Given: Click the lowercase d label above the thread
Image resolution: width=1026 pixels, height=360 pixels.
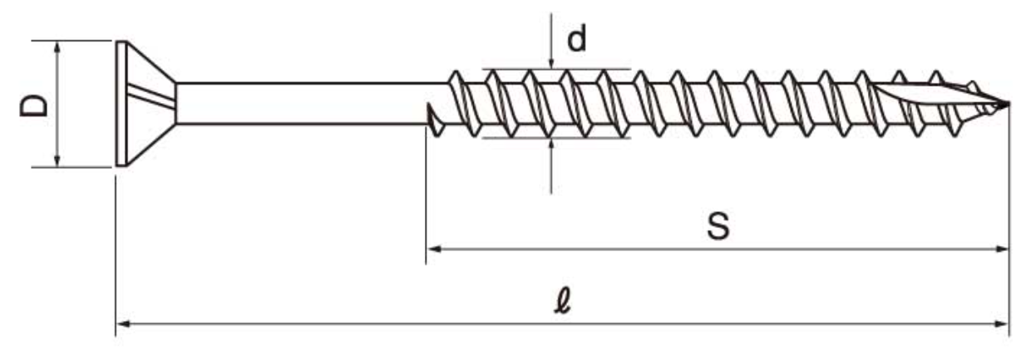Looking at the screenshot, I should [x=576, y=39].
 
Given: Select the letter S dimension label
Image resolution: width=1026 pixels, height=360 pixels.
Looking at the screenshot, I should [x=719, y=227].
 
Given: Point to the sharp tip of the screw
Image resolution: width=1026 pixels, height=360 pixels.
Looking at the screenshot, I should [x=1008, y=105].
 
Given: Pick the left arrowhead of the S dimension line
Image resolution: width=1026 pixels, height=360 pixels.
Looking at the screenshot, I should [x=432, y=248].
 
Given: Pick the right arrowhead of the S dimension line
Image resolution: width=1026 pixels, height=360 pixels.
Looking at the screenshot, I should [x=1003, y=248].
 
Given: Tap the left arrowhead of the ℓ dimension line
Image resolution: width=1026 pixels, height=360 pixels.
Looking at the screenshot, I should [x=121, y=322].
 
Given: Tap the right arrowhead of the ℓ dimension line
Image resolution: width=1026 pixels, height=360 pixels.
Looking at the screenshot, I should [x=1003, y=322].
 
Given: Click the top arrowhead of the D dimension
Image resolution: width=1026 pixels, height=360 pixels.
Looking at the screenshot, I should [x=57, y=47].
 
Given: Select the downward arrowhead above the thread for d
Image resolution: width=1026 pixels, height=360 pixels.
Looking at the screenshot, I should [x=551, y=63].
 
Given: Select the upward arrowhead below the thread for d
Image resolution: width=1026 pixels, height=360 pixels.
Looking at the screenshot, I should [x=551, y=143].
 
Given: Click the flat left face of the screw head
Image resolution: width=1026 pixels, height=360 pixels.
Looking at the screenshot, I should [x=117, y=103].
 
